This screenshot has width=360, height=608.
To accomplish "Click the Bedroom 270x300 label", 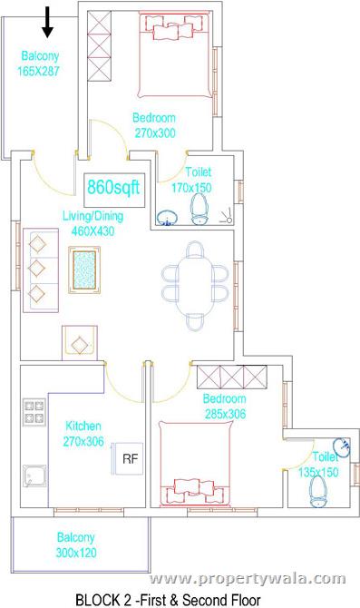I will point(153,124).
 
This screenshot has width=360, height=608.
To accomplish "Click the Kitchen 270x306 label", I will point(83,433).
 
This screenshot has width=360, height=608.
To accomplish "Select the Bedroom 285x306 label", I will point(224,406).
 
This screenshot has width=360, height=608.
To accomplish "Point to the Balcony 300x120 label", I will point(76,544).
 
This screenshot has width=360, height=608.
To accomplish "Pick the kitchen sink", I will point(35,477).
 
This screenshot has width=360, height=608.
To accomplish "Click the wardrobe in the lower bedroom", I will point(231,375).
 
